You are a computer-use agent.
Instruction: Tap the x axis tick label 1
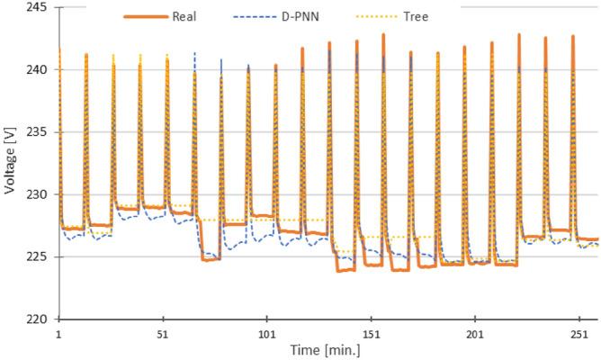pyautogui.click(x=58, y=333)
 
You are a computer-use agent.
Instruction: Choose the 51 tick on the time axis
pyautogui.click(x=163, y=333)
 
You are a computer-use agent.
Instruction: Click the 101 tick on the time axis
pyautogui.click(x=267, y=333)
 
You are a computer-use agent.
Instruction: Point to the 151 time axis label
pyautogui.click(x=371, y=333)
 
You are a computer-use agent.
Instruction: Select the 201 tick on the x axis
pyautogui.click(x=475, y=333)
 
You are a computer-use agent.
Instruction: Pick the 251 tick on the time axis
pyautogui.click(x=579, y=333)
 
